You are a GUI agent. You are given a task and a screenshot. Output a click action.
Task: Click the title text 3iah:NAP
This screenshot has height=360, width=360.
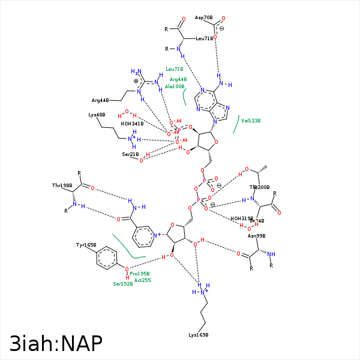pos(56,343)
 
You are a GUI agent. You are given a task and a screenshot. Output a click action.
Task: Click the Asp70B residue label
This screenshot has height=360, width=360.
pos(203,18)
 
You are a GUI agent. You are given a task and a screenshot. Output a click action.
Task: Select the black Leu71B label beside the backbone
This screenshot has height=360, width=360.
pos(205,38)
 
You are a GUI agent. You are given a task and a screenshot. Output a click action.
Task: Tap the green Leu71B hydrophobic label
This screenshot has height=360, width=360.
pos(175,69)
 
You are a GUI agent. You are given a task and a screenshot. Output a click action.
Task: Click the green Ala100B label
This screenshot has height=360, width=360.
pos(175,86)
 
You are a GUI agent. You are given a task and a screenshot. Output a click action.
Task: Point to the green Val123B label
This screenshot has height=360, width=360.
pos(251,121)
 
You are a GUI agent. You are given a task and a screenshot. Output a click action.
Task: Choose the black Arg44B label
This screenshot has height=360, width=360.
pos(100,100)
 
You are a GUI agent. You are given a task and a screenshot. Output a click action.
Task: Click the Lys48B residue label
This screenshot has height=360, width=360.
pos(97,115)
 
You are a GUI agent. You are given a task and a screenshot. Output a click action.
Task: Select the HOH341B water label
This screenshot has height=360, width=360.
pos(132,124)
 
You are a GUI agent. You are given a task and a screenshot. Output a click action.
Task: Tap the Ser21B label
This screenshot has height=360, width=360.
pos(130,154)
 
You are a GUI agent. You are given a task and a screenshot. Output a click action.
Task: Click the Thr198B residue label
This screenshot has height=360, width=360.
pos(62,186)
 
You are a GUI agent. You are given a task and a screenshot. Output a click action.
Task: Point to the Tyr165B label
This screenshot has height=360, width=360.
pos(86,245)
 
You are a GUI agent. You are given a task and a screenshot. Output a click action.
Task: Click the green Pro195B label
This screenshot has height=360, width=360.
pos(140,274)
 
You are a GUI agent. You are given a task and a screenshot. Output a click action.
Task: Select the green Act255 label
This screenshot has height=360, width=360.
pos(143,280)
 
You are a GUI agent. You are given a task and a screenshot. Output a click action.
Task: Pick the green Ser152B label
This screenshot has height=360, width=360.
pos(123,284)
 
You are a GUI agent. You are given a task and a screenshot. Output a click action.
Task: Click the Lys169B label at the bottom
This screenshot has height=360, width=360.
pos(198,334)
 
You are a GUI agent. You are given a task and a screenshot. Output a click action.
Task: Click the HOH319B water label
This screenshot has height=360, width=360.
pos(242,218)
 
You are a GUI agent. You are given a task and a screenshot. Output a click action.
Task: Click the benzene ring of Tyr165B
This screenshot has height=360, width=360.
pos(106,259)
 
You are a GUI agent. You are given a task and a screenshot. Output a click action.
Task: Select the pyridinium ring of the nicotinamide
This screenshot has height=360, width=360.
pos(143,236)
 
